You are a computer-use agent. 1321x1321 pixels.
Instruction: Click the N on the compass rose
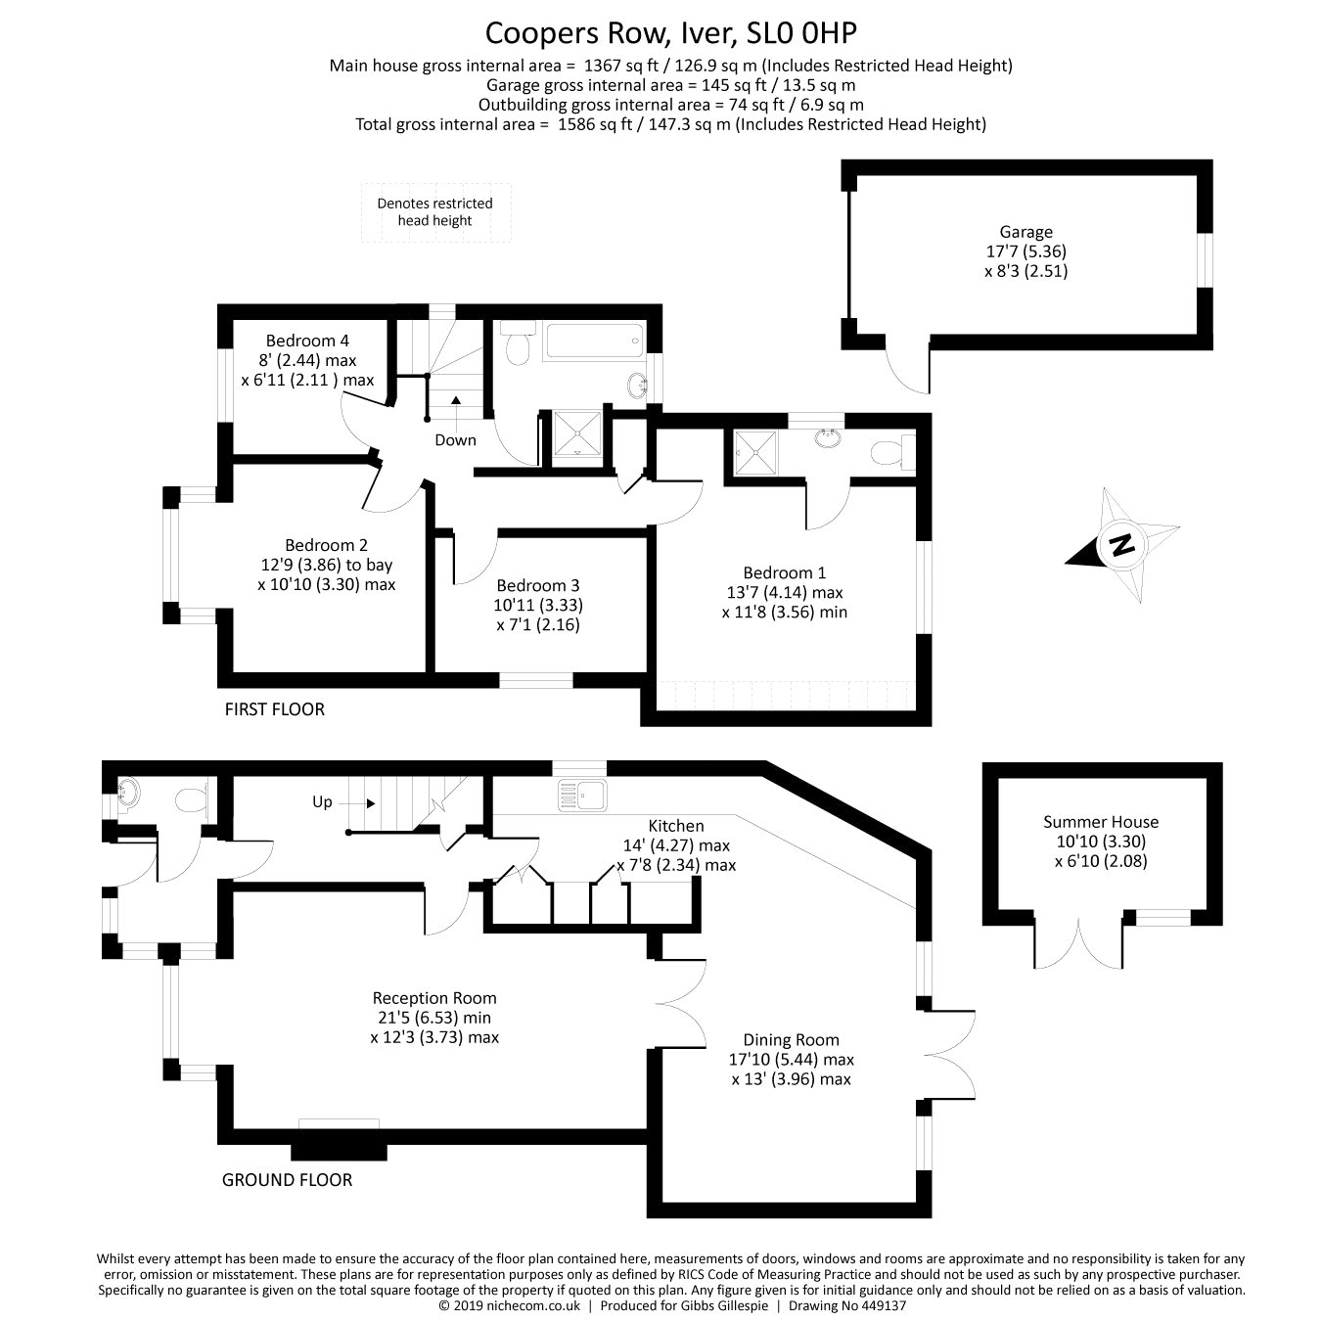(x=1122, y=545)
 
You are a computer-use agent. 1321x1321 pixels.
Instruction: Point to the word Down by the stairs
(x=455, y=440)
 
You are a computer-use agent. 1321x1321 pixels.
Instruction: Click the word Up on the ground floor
(x=322, y=801)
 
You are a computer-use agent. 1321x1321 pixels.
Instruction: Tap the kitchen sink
(x=582, y=796)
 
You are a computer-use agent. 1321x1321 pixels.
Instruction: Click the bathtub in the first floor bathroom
(x=595, y=341)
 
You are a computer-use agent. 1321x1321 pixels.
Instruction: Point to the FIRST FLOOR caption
(x=274, y=709)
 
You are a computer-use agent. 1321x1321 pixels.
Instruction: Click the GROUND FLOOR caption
(x=288, y=1180)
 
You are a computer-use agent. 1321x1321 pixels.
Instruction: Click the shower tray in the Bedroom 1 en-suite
(x=755, y=452)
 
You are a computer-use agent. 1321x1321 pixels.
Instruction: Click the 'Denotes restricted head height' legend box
(x=436, y=212)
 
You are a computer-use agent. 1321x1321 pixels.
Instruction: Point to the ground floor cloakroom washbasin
(x=127, y=796)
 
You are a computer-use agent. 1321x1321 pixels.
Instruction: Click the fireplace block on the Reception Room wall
(x=340, y=1152)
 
